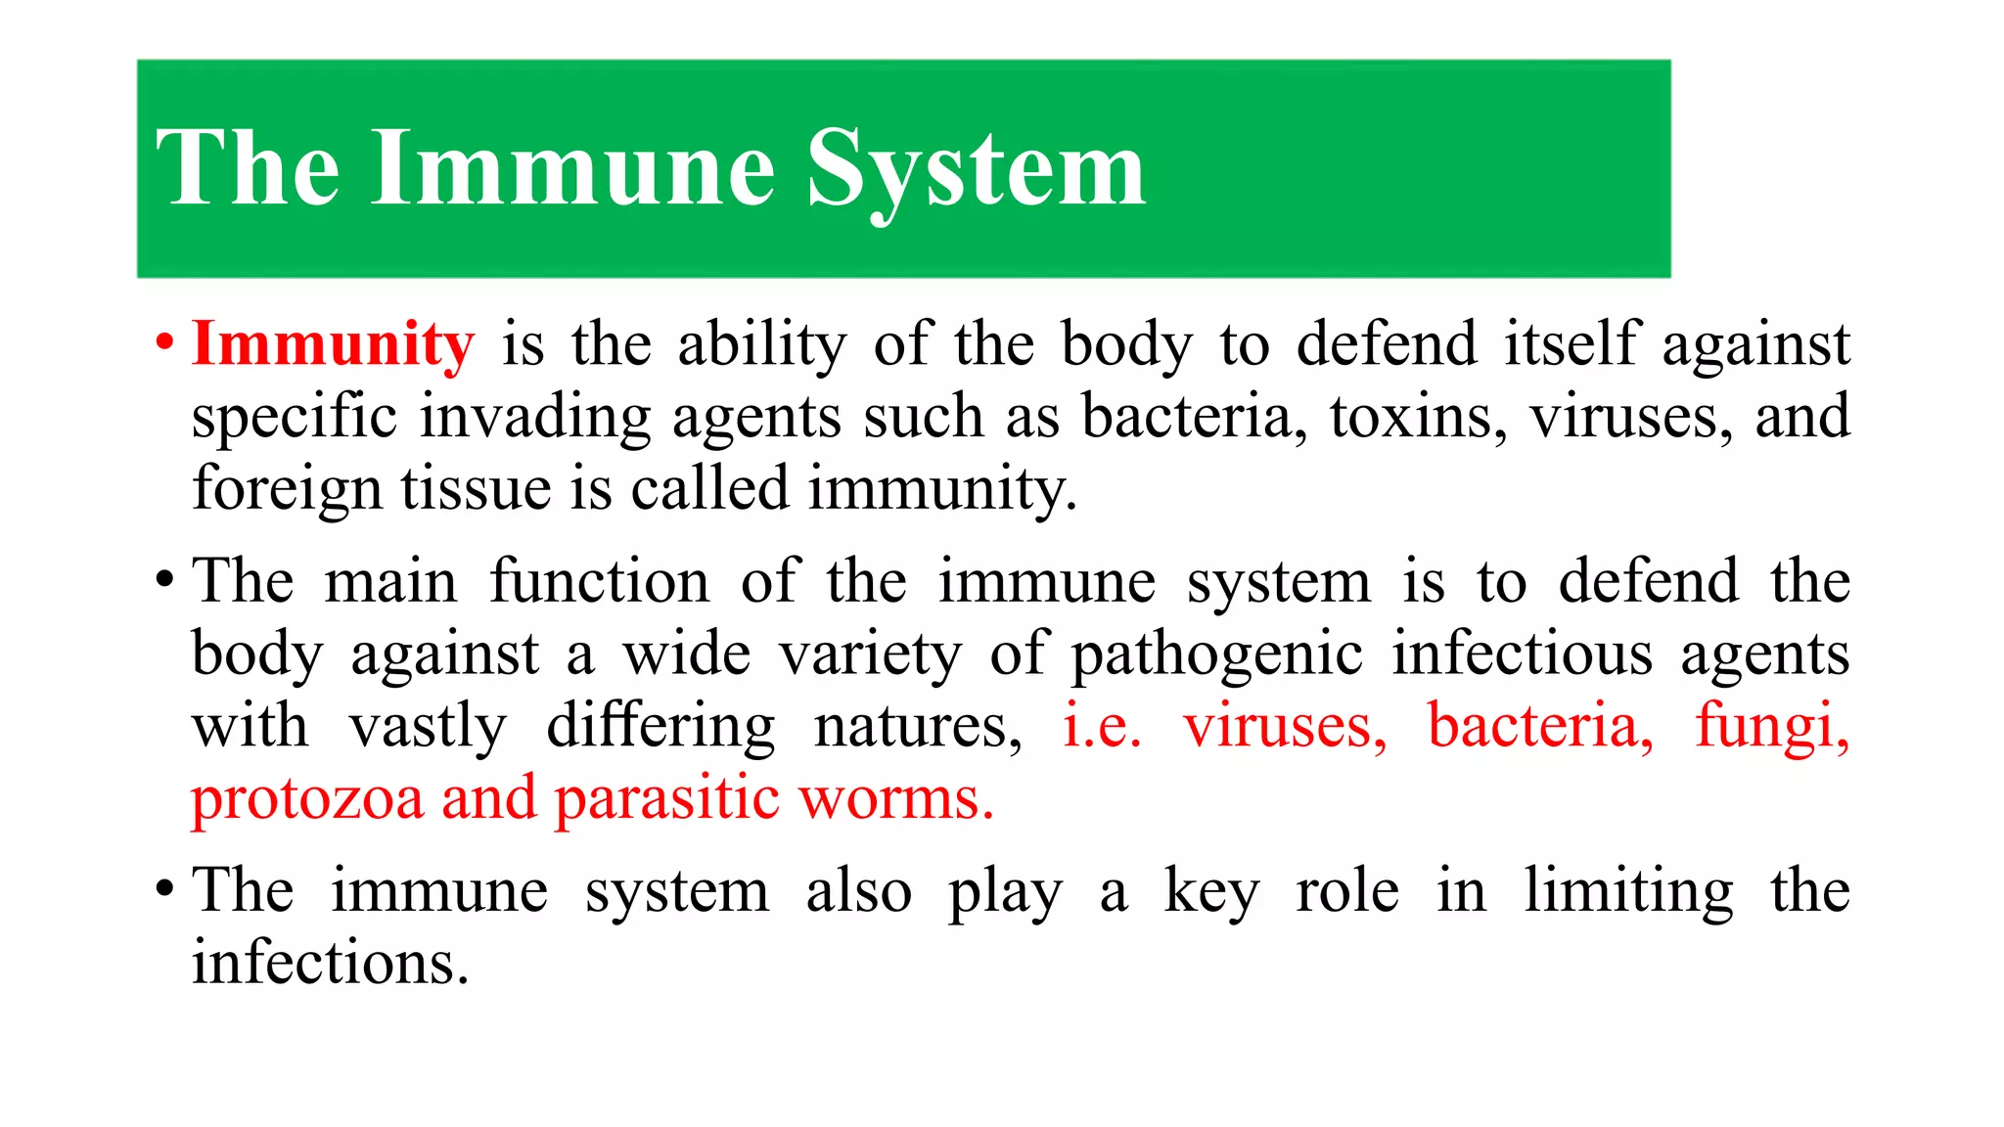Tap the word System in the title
point(976,170)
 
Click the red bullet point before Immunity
point(164,343)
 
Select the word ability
point(762,346)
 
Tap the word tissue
point(476,488)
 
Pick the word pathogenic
point(1216,655)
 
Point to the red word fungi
point(1772,728)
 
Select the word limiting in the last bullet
point(1629,892)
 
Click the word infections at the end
point(330,963)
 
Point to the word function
point(599,581)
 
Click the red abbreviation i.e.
point(1102,727)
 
